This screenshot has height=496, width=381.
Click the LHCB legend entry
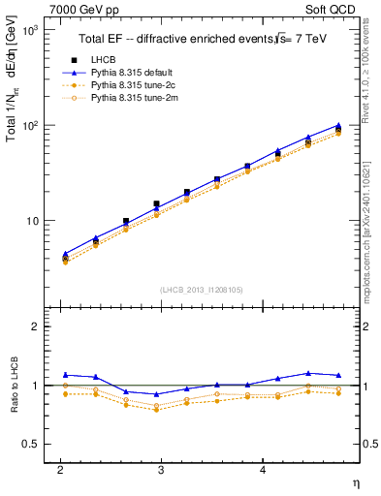(x=104, y=59)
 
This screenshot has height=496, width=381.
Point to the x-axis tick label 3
(x=161, y=469)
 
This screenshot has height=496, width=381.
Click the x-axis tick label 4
(x=263, y=469)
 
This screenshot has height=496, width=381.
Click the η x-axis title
(x=355, y=482)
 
